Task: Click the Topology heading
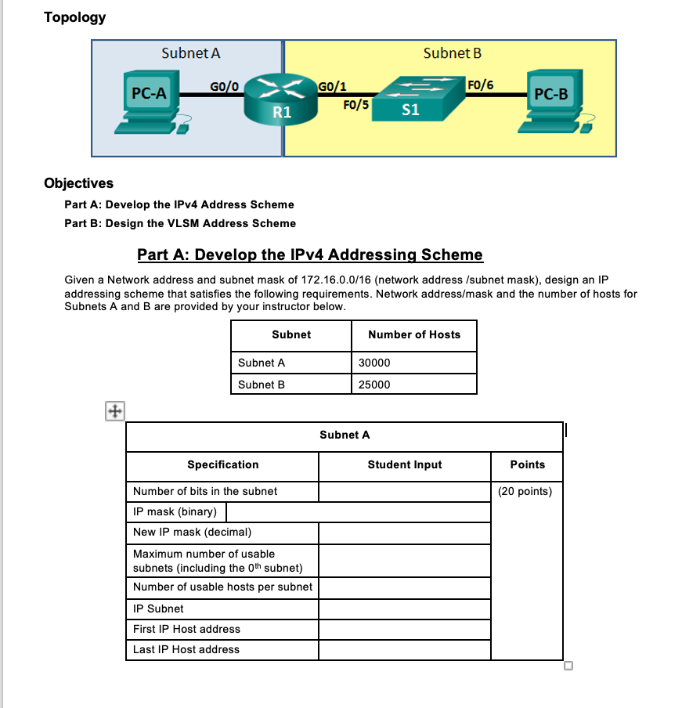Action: [75, 17]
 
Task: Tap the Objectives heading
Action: [78, 183]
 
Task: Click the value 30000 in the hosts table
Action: [374, 363]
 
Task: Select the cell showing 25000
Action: [374, 385]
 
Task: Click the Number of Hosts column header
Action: [414, 334]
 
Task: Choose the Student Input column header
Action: [405, 464]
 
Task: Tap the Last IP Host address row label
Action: [186, 649]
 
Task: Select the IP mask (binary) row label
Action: [175, 512]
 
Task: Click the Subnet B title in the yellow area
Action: [452, 53]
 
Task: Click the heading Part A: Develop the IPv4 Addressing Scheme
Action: [310, 255]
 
